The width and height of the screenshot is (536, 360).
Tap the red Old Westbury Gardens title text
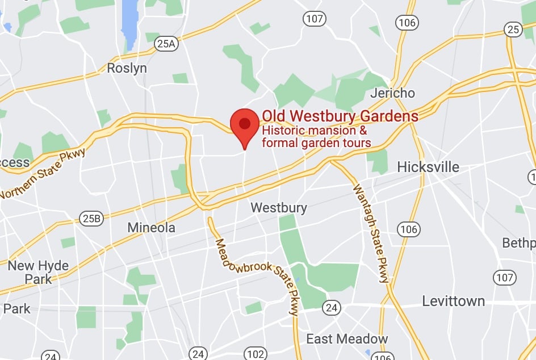[x=340, y=116]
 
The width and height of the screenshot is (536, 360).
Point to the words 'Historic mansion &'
[x=314, y=131]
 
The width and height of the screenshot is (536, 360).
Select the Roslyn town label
[x=127, y=68]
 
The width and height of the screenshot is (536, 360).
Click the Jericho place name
[x=392, y=93]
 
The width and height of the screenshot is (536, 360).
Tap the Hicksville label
[x=428, y=167]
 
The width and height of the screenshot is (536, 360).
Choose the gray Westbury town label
[x=279, y=207]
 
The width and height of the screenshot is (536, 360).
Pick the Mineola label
[x=151, y=228]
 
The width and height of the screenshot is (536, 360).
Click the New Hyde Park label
[x=38, y=272]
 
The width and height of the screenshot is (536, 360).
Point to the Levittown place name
[x=453, y=301]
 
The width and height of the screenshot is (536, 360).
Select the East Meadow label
[x=347, y=339]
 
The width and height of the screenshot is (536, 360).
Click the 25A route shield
[x=167, y=43]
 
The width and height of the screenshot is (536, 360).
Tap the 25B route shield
[x=91, y=218]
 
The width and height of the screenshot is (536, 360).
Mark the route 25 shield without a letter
[x=513, y=30]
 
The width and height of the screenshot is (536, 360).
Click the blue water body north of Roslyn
[x=130, y=23]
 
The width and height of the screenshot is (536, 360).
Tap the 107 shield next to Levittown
[x=504, y=278]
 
